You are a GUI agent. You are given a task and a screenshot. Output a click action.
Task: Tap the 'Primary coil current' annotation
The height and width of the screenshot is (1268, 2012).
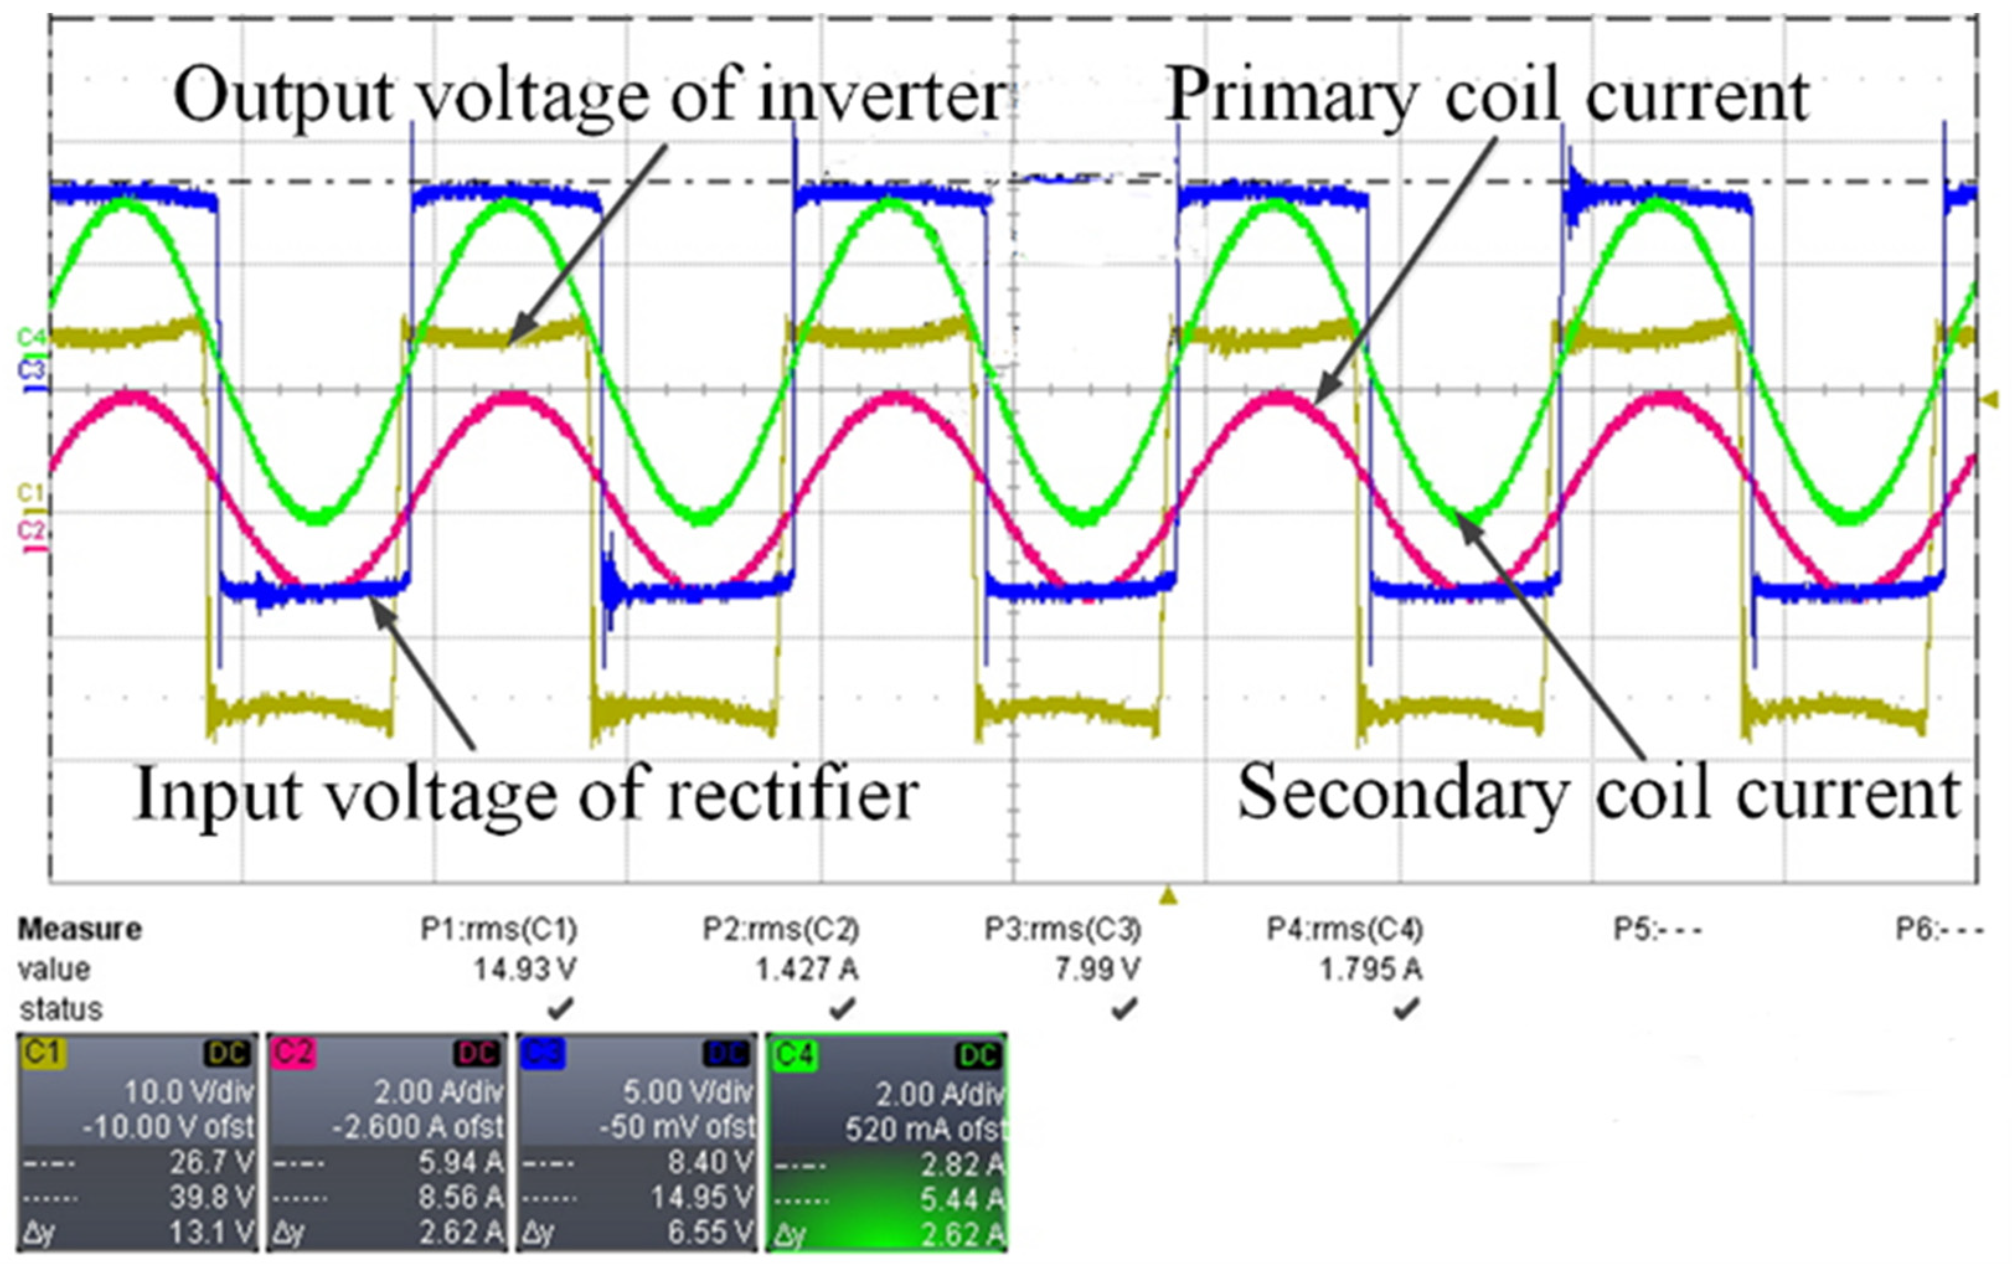1487,96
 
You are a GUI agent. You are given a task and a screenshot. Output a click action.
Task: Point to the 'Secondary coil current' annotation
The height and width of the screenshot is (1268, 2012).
1598,792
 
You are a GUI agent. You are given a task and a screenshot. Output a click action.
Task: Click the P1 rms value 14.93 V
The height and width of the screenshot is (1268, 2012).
525,970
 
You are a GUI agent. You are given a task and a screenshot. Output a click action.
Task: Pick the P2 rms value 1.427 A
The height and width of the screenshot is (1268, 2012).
806,970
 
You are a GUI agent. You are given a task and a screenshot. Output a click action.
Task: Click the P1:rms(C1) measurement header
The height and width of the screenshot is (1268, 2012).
499,929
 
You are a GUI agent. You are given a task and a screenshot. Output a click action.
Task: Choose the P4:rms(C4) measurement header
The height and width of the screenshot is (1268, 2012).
1345,929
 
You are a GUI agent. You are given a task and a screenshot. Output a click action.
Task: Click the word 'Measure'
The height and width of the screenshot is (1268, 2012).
80,929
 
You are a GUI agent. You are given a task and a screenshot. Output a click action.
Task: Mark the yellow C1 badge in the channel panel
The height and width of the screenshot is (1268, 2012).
43,1052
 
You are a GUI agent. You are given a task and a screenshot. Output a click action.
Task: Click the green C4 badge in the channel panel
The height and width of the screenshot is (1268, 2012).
794,1054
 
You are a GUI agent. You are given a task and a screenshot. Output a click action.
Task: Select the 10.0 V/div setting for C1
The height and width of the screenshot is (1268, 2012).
189,1092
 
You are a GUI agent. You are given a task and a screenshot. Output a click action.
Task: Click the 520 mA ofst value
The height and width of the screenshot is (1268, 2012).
924,1129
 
